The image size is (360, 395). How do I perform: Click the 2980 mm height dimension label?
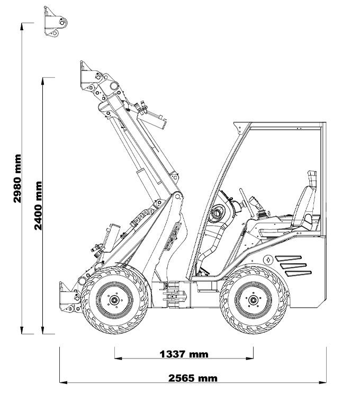coord(17,178)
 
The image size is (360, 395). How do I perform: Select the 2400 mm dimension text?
coord(38,205)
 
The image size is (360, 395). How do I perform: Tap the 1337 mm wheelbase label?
coord(184,354)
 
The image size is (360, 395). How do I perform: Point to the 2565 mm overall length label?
coord(193,378)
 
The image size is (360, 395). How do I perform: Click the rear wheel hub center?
coord(253,300)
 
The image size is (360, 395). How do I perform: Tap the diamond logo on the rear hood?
coord(268,260)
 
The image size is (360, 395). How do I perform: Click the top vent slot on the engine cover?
coord(288,258)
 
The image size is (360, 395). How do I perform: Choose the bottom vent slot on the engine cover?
coord(298,273)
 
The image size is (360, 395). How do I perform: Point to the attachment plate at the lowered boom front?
coord(66,297)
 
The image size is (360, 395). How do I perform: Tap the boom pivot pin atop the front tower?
coord(177,196)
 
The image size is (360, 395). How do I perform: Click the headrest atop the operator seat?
coord(312,178)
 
